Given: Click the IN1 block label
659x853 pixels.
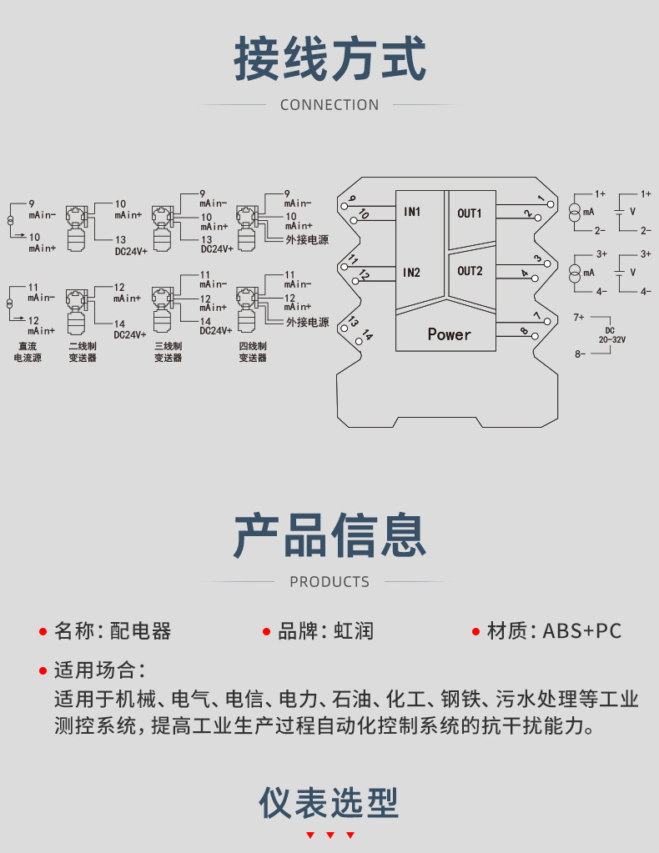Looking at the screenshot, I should [412, 212].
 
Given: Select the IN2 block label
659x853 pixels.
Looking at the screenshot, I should [412, 273].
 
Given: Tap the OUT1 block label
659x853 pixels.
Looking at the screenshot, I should [470, 213].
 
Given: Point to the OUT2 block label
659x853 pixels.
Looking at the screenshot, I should [470, 271].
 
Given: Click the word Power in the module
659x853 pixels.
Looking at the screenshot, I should [449, 334].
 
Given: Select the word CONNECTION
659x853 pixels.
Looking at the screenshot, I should [329, 105].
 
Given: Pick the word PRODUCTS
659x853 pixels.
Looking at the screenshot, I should [329, 582].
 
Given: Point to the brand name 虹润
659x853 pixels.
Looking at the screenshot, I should [354, 631].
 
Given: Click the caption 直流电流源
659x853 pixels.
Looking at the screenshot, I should [28, 351].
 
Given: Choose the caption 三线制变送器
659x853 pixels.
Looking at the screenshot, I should [168, 351].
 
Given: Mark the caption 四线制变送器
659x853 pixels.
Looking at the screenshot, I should [253, 351].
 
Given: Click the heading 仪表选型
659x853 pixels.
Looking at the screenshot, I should [329, 802].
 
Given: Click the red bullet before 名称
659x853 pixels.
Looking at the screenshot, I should [43, 631].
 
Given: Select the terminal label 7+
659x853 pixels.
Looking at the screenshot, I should [580, 318].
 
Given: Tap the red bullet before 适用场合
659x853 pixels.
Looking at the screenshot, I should [43, 670].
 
